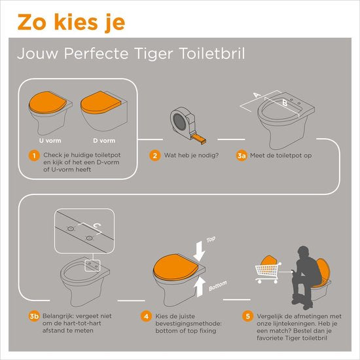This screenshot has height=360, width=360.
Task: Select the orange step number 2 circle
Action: pyautogui.click(x=155, y=156)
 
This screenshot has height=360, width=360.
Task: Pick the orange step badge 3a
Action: pyautogui.click(x=242, y=156)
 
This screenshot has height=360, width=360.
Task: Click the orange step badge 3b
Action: pyautogui.click(x=35, y=317)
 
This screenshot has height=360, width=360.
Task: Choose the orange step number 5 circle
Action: pyautogui.click(x=247, y=317)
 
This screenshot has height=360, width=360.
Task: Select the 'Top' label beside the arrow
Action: pyautogui.click(x=210, y=240)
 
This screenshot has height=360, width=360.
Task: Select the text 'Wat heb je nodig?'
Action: pyautogui.click(x=192, y=156)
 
